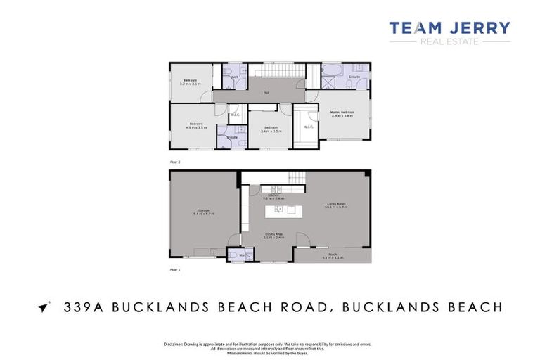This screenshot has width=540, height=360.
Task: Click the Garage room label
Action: [203, 212]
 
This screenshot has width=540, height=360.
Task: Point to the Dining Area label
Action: [274, 236]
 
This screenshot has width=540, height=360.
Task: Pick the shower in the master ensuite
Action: [328, 82]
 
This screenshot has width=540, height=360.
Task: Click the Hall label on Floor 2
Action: [267, 92]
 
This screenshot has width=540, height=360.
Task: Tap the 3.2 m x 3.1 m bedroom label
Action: [190, 82]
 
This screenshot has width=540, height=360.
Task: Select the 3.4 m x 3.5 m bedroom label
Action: [271, 129]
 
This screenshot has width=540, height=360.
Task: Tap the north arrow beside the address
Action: [44, 307]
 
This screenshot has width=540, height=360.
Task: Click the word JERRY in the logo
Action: [480, 28]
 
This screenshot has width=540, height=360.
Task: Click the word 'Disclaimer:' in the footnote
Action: [173, 344]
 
